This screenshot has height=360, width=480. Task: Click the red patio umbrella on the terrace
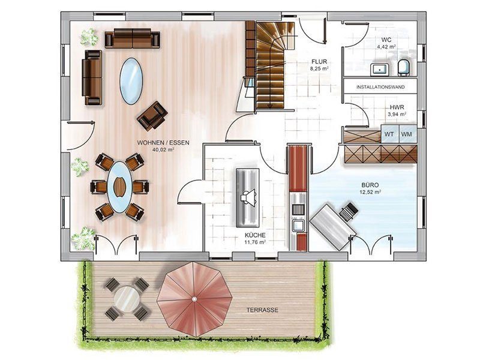coord(194,299)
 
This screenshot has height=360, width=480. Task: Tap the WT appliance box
coord(389,134)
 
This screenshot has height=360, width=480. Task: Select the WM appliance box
coord(408,134)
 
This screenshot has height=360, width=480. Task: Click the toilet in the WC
coord(404,68)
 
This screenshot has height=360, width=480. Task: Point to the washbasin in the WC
coord(380,70)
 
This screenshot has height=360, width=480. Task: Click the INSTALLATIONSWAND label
coord(380,87)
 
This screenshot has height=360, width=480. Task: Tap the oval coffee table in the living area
coord(131,81)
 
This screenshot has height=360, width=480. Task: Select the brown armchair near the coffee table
coord(152,115)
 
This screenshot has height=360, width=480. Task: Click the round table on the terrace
coord(127,298)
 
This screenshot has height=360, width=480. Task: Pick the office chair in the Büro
coord(349,211)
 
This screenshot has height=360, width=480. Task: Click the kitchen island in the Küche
coord(248,197)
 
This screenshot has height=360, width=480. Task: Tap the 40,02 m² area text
coord(163,149)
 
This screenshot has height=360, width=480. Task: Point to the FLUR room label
coord(319,62)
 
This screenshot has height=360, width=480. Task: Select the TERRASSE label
coord(262,310)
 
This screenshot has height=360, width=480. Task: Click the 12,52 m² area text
coord(370,192)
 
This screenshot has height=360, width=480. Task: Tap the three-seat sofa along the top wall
coord(132,38)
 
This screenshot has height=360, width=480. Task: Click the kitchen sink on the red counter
coord(298,226)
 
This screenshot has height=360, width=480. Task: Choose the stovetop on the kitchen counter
coord(298,209)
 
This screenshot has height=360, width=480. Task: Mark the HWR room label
coord(397,107)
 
